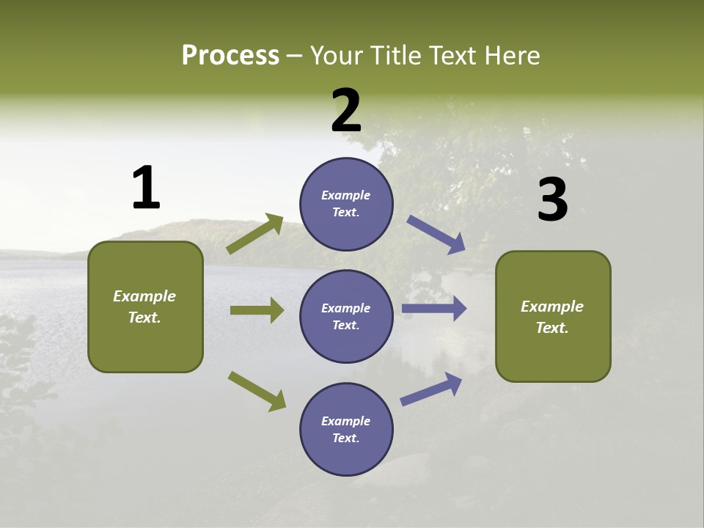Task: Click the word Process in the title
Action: click(x=230, y=56)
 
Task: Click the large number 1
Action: click(x=146, y=188)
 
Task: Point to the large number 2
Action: click(x=346, y=111)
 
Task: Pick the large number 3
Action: click(x=552, y=200)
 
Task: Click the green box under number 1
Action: click(x=145, y=307)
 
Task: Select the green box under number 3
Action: click(x=553, y=317)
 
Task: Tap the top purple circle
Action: click(x=346, y=204)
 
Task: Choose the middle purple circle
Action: click(x=346, y=316)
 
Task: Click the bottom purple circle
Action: click(x=346, y=429)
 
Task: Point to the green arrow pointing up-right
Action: click(x=255, y=234)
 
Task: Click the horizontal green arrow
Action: click(x=257, y=310)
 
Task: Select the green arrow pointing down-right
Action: click(x=257, y=391)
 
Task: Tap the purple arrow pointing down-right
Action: click(x=436, y=235)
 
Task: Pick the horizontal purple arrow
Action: click(x=433, y=308)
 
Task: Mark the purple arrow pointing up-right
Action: click(x=431, y=389)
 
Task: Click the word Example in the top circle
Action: click(x=346, y=195)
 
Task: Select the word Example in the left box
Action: click(x=144, y=296)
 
